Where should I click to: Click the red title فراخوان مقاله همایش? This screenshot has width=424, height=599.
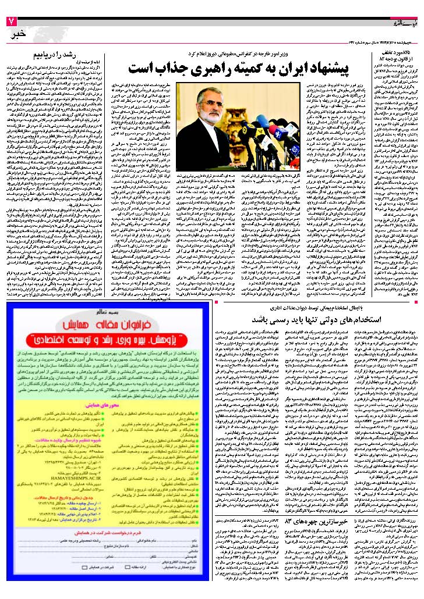(110, 322)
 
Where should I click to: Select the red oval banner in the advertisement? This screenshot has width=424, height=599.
(110, 337)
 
